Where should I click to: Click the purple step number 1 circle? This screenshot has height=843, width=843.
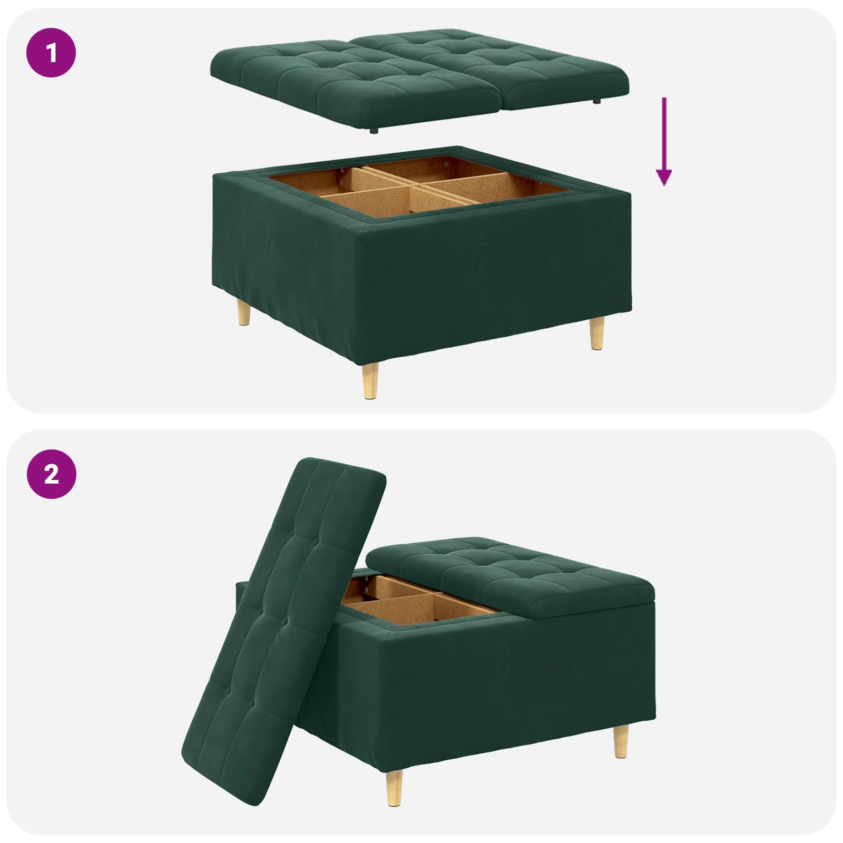52,53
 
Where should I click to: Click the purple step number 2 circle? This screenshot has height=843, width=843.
52,474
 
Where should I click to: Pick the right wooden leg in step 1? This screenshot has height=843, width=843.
596,333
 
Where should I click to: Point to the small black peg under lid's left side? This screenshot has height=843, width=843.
373,130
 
